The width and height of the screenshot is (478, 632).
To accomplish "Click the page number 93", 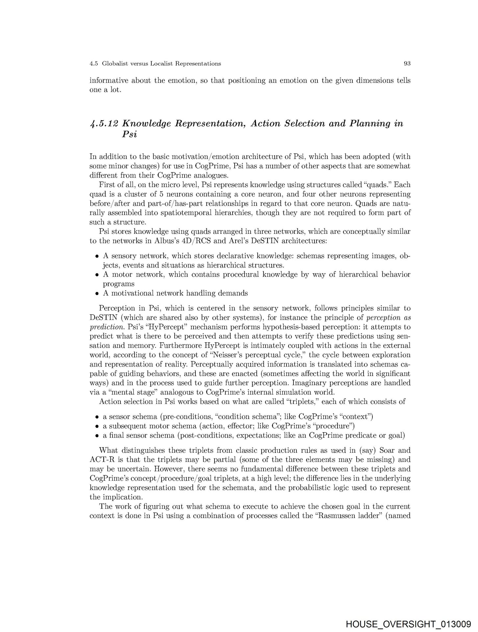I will [x=407, y=64].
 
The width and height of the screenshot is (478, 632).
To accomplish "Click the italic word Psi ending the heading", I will [x=129, y=135].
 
